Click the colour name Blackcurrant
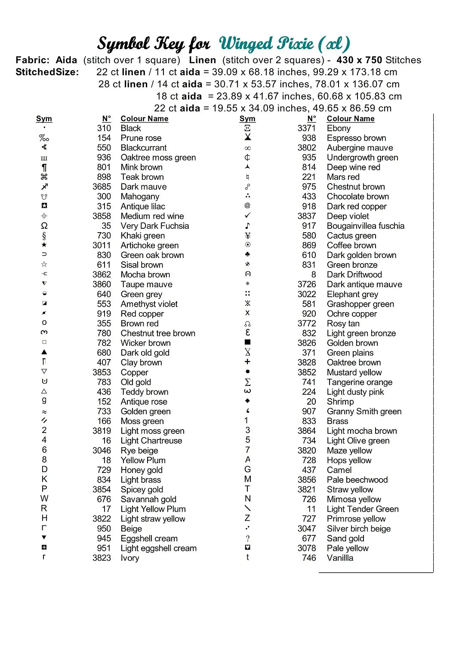(x=143, y=148)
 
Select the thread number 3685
(x=102, y=187)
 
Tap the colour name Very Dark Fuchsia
(x=154, y=226)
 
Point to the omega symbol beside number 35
(x=44, y=226)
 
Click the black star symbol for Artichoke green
(x=44, y=245)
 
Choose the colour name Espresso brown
(x=356, y=138)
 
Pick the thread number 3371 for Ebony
(x=306, y=128)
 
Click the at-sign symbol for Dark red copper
(x=247, y=206)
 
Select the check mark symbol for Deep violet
(x=247, y=216)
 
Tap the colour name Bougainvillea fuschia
(x=365, y=226)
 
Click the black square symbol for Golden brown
(x=247, y=343)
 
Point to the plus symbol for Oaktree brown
(x=247, y=362)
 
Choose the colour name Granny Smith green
(x=364, y=412)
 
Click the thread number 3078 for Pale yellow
(x=306, y=548)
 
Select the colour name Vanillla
(x=340, y=558)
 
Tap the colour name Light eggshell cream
(x=158, y=548)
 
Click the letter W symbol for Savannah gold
(x=44, y=499)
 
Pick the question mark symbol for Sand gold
(x=248, y=538)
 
